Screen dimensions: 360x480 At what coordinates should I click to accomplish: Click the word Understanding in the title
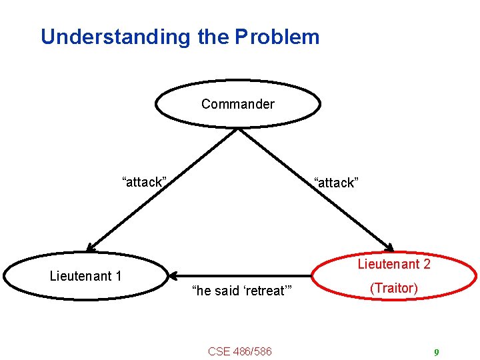click(x=115, y=37)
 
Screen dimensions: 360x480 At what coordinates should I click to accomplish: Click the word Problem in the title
click(x=277, y=37)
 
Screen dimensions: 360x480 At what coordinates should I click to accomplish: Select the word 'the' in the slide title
click(x=212, y=37)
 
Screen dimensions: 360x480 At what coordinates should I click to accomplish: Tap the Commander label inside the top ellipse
click(x=237, y=104)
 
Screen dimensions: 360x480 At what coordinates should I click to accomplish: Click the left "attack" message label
click(x=143, y=182)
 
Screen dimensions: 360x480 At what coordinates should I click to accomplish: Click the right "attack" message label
click(x=336, y=183)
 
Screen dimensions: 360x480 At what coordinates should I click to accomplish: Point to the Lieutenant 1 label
click(x=85, y=276)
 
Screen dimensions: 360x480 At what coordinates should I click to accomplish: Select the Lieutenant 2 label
click(x=394, y=264)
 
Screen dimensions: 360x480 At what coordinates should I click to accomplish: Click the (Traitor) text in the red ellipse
click(x=394, y=288)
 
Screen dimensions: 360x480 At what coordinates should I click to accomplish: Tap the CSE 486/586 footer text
click(x=239, y=351)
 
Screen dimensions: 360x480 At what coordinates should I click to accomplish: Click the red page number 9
click(x=436, y=353)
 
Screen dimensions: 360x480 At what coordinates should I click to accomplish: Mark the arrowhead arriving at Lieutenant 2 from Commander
click(x=388, y=245)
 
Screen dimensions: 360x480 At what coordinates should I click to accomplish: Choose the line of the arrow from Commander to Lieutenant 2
click(x=313, y=187)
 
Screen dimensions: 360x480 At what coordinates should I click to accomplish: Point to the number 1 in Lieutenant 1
click(x=118, y=276)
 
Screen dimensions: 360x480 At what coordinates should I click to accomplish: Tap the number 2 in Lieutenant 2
click(x=427, y=264)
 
